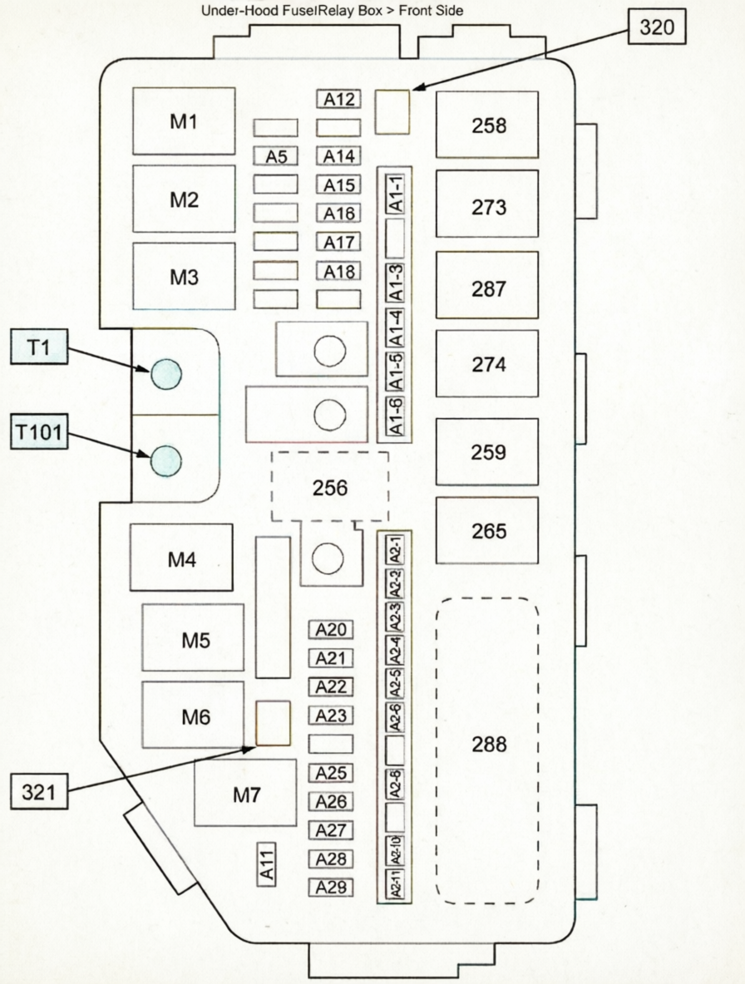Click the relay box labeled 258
click(487, 125)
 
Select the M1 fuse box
click(184, 121)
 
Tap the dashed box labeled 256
click(330, 487)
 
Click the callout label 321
click(39, 793)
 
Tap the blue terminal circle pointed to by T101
click(165, 458)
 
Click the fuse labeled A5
click(276, 156)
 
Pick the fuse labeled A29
click(331, 888)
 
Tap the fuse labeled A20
click(331, 630)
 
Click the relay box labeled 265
click(488, 530)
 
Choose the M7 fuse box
click(245, 793)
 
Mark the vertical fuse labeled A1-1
click(397, 194)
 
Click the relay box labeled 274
click(488, 364)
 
